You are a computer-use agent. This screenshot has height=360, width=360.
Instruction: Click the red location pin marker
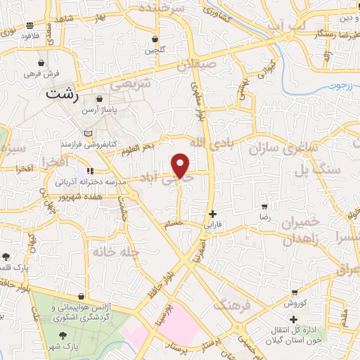coord(181,165)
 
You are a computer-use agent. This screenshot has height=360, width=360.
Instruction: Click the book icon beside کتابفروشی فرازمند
coord(88,134)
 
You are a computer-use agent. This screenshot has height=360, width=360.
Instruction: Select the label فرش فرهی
coord(42,73)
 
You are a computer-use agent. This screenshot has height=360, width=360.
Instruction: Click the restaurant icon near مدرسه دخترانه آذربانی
coord(90,171)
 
